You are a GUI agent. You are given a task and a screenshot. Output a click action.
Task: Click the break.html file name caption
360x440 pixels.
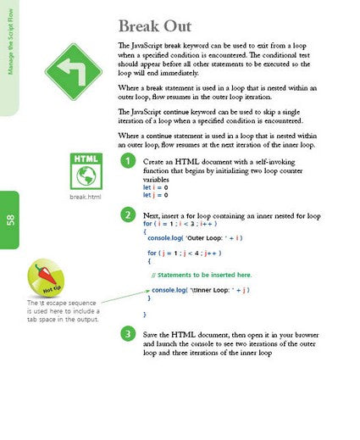click(x=85, y=198)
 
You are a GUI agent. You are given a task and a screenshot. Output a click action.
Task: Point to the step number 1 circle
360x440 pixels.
click(x=127, y=161)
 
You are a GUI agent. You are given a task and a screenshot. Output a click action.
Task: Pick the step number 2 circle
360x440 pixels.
click(x=127, y=215)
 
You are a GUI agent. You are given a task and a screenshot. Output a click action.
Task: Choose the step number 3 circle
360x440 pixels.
click(x=127, y=333)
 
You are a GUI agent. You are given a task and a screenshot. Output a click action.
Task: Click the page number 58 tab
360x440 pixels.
click(x=9, y=220)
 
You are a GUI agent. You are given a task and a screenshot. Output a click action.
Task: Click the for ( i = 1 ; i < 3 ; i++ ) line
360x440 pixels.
click(x=183, y=224)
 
